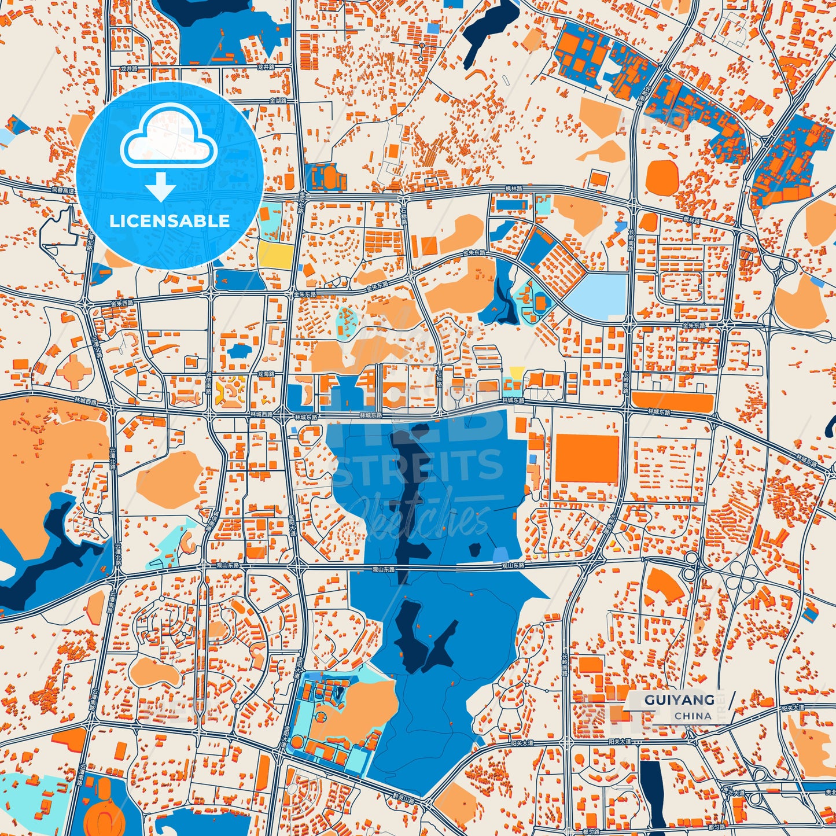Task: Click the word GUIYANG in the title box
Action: click(x=679, y=700)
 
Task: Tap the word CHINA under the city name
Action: click(x=693, y=716)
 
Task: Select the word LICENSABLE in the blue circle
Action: click(x=170, y=221)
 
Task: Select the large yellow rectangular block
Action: click(x=275, y=254)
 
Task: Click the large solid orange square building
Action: click(x=587, y=459)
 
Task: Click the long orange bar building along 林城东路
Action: click(x=671, y=402)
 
